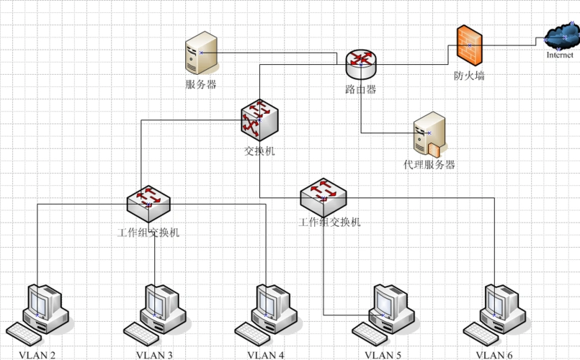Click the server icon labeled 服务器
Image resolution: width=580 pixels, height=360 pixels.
tap(200, 52)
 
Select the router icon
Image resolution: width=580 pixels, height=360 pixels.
tap(360, 65)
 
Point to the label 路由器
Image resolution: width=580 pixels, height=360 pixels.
tap(360, 90)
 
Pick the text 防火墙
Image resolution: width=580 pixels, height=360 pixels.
tap(469, 75)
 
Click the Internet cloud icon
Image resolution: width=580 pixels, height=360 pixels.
tap(560, 35)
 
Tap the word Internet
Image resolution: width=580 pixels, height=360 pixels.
tap(560, 55)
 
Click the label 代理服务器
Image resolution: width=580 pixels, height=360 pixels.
tap(429, 165)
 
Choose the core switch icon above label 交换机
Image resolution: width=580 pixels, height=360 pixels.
tap(259, 120)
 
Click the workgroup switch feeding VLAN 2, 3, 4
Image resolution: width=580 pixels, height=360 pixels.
tap(149, 200)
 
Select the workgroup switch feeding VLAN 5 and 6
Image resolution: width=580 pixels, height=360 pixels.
tap(324, 193)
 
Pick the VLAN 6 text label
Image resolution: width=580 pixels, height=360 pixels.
tap(494, 355)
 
